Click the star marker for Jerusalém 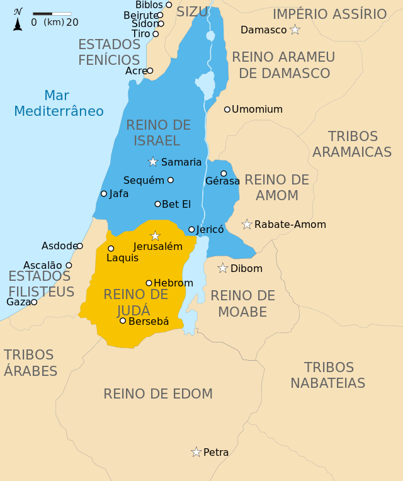pos(156,235)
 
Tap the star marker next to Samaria pos(153,162)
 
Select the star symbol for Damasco pos(295,30)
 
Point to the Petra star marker pos(196,452)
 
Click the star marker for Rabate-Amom pos(247,224)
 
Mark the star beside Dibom pos(222,268)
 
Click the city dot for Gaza pos(34,302)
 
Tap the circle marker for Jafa pos(104,194)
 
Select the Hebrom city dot pos(149,283)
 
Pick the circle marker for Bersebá pos(123,321)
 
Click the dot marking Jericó pos(191,229)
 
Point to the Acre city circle pos(150,71)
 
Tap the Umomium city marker pos(227,110)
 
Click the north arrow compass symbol pos(18,20)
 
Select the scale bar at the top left pos(52,13)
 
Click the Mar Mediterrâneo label pos(59,103)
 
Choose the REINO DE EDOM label pos(158,394)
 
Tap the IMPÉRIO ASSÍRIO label pos(329,14)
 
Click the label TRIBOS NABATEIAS pos(327,375)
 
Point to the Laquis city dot pos(111,249)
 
